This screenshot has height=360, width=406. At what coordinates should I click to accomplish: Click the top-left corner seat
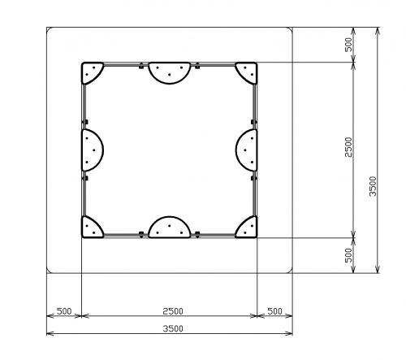(91, 72)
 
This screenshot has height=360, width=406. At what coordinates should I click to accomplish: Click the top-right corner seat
(248, 72)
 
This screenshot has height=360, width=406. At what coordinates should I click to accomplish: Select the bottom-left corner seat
(91, 228)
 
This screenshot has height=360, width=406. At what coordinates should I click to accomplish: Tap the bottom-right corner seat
(248, 228)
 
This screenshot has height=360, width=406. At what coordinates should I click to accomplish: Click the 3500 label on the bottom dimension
(173, 328)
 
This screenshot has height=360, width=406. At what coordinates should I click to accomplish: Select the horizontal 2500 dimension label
(173, 311)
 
